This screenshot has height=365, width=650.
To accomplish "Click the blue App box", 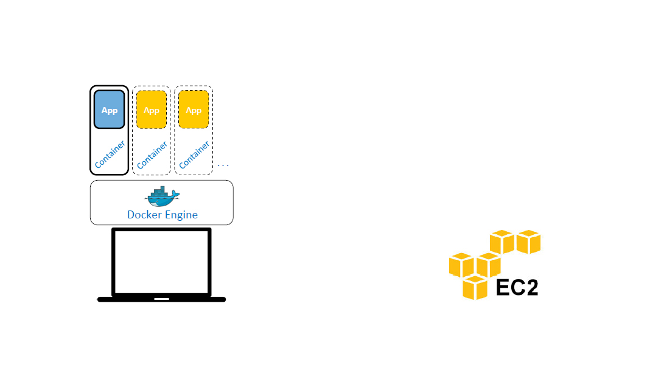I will pyautogui.click(x=110, y=109).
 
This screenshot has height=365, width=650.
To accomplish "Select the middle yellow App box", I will pyautogui.click(x=152, y=109).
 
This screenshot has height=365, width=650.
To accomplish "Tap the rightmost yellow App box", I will pyautogui.click(x=194, y=109).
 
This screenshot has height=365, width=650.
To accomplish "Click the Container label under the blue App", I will pyautogui.click(x=110, y=155).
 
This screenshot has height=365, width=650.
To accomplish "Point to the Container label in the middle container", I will pyautogui.click(x=152, y=155).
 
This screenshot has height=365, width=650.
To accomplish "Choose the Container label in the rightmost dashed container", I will pyautogui.click(x=195, y=155).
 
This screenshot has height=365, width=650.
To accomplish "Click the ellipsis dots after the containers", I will pyautogui.click(x=223, y=165).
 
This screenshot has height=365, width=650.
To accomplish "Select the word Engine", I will pyautogui.click(x=182, y=215).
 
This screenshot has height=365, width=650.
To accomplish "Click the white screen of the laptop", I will pyautogui.click(x=161, y=262).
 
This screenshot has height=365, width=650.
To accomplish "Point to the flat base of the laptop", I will pyautogui.click(x=122, y=299).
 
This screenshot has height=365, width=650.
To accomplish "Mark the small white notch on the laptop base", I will pyautogui.click(x=161, y=299).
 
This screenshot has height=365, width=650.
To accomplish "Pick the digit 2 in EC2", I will pyautogui.click(x=531, y=287).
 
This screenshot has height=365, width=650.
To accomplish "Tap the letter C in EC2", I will pyautogui.click(x=517, y=287).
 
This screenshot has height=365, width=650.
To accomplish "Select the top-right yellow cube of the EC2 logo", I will pyautogui.click(x=528, y=242).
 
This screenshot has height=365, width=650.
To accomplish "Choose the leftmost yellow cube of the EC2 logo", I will pyautogui.click(x=461, y=265).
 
